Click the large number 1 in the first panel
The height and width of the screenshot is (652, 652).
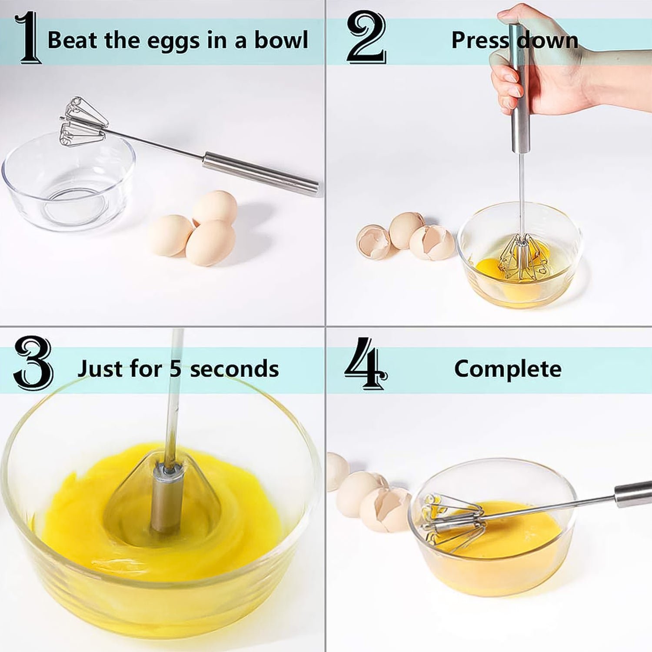point(28,38)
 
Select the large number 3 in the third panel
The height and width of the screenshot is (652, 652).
point(33,363)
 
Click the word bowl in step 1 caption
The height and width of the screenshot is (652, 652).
point(281,40)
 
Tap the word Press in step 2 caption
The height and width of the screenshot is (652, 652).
point(479,40)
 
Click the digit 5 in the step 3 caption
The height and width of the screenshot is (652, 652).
point(175,369)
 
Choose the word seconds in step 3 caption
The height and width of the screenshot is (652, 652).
point(234,369)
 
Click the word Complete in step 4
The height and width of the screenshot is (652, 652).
point(508,369)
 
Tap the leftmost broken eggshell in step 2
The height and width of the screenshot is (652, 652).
point(373,242)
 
